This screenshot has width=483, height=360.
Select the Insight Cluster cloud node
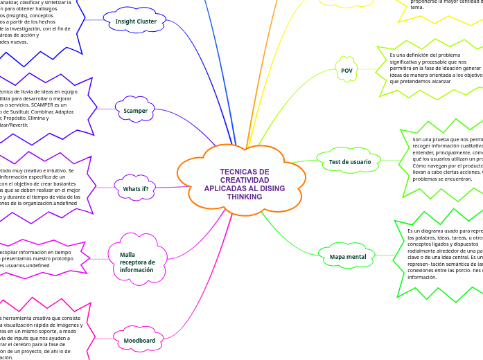(x=136, y=21)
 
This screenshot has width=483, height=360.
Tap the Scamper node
(x=135, y=111)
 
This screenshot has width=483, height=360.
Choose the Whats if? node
(x=135, y=189)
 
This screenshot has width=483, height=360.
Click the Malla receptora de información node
(x=136, y=262)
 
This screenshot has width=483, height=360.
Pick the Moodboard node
(x=139, y=341)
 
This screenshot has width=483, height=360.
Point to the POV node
(x=347, y=71)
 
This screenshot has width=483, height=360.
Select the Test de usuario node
(x=349, y=162)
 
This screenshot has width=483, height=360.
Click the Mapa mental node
(x=347, y=257)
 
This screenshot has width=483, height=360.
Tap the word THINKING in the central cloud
(x=245, y=197)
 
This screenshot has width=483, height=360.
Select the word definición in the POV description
(x=415, y=55)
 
